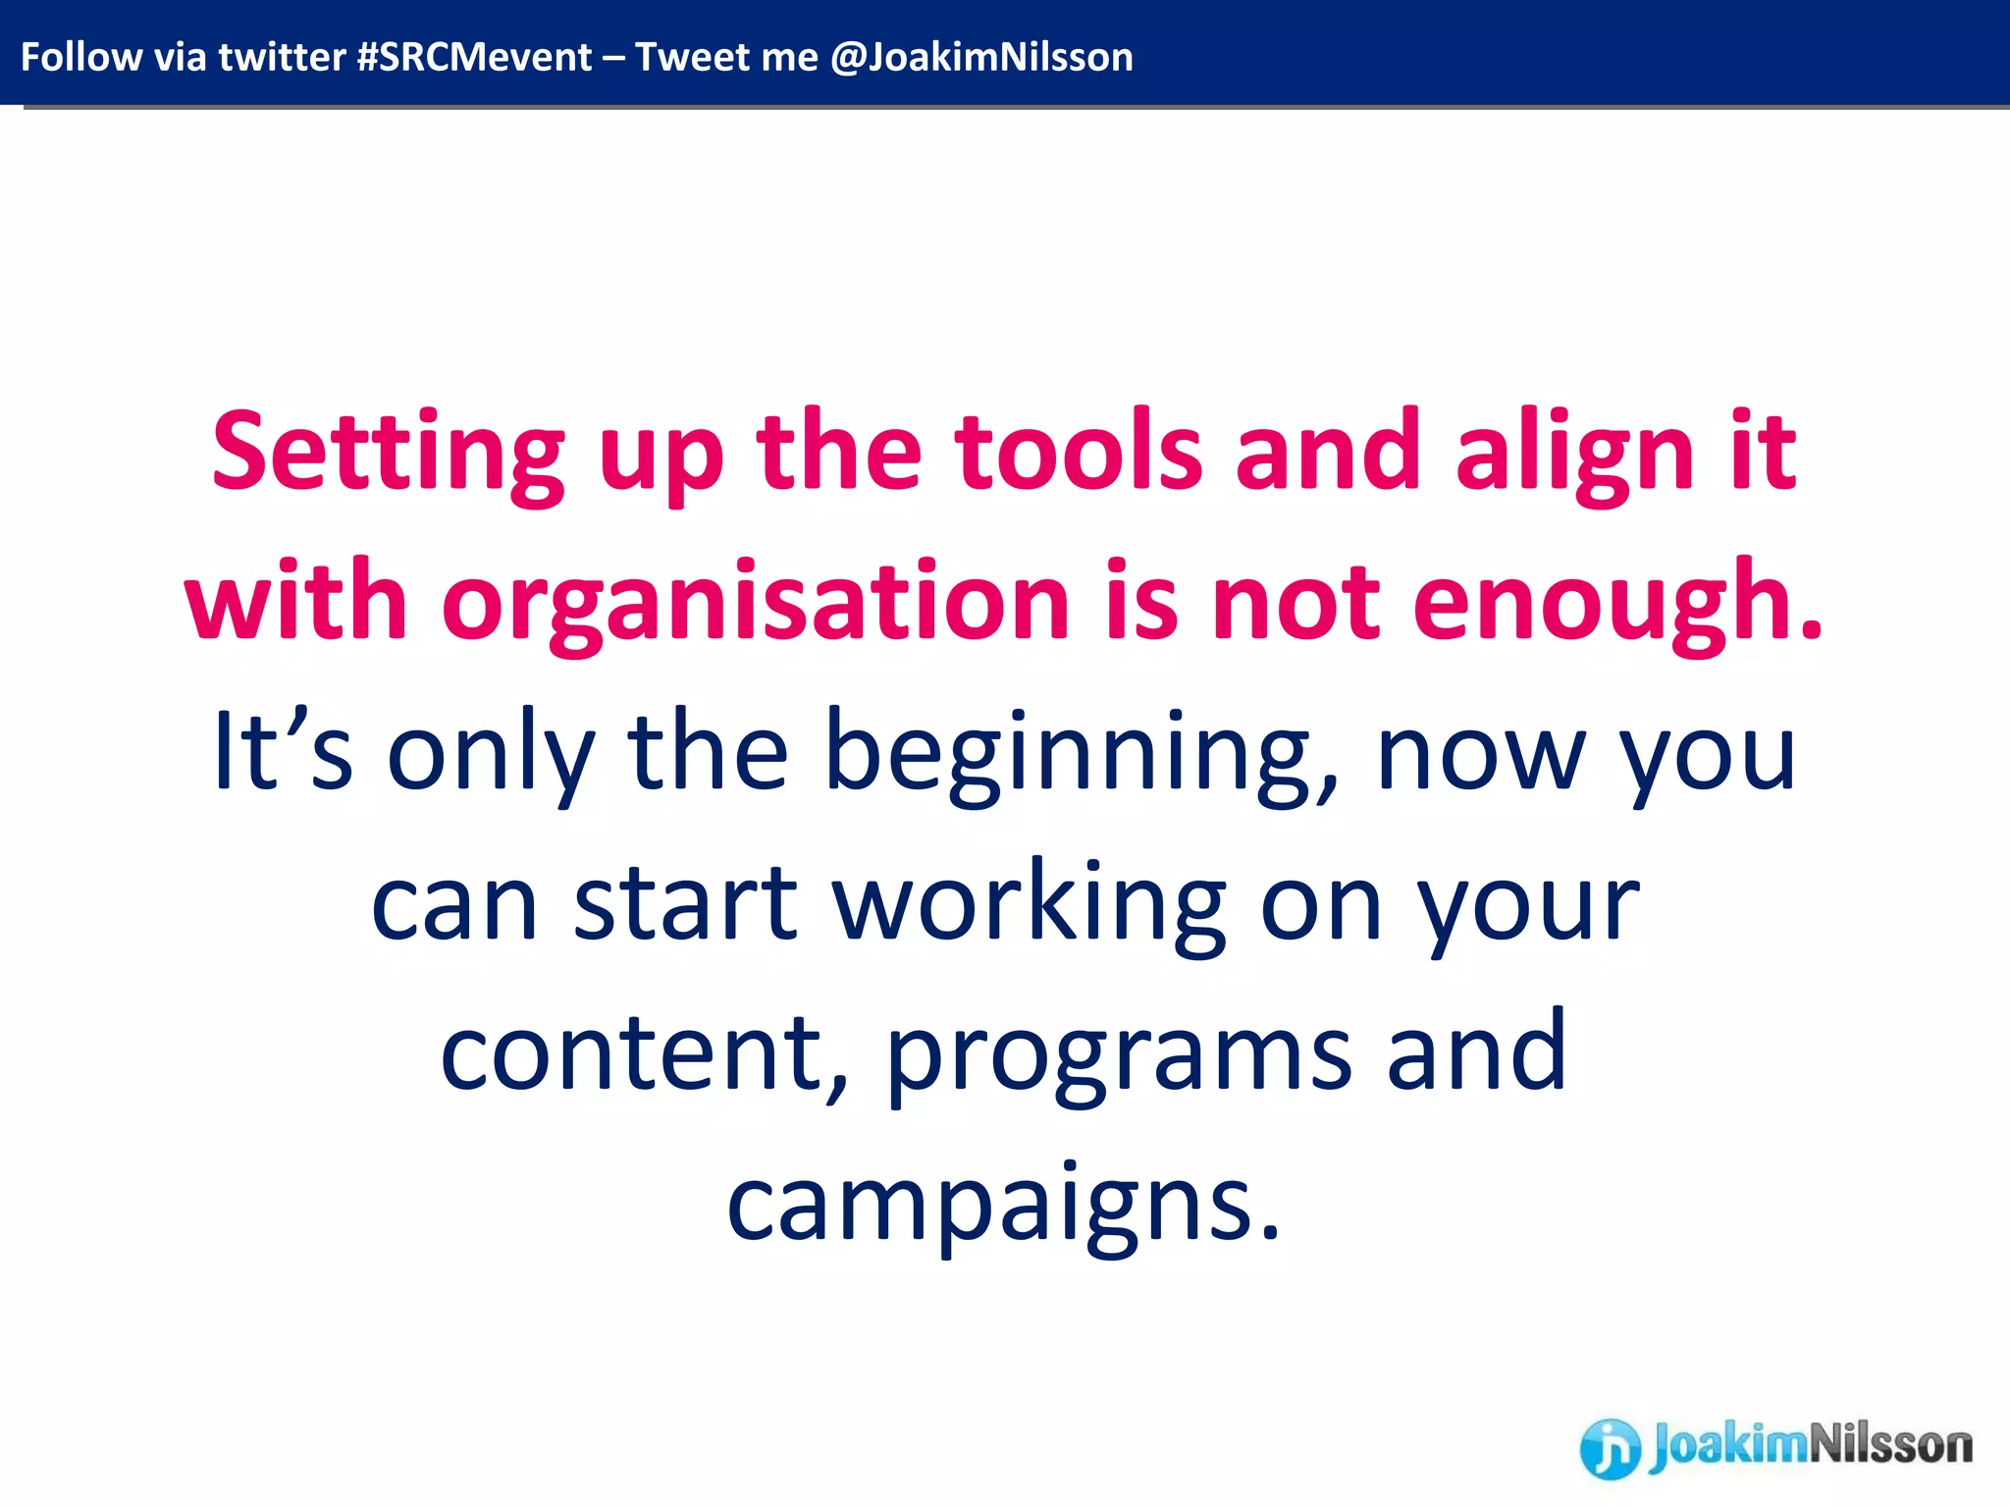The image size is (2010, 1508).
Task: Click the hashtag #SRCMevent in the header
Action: coord(474,57)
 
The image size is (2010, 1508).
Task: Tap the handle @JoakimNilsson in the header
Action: coord(981,57)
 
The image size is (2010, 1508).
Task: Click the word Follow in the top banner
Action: coord(81,57)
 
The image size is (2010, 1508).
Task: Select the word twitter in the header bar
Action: coord(282,57)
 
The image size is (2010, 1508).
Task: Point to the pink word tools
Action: coord(1079,452)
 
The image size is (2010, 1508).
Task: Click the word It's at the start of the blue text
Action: coord(283,751)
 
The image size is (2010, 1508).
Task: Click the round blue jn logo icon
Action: coord(1610,1448)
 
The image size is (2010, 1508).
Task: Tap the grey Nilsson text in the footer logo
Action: coord(1889,1445)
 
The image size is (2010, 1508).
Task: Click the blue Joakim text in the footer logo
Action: coord(1727,1446)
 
